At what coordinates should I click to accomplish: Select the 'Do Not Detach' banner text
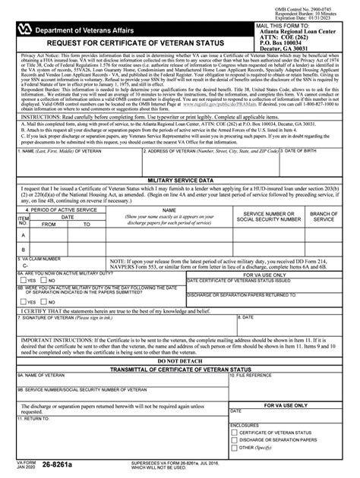[179, 382]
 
